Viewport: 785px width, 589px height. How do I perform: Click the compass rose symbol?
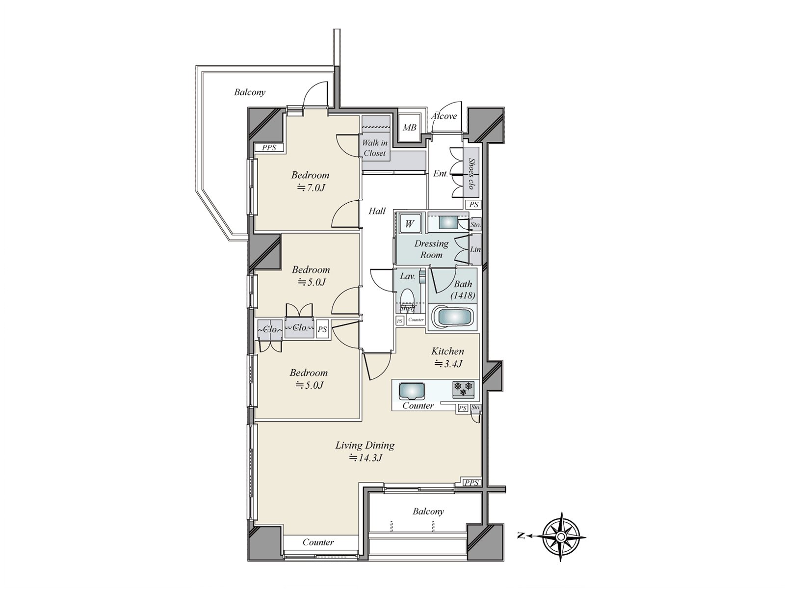pos(561,536)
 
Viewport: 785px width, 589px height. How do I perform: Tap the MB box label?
pos(410,128)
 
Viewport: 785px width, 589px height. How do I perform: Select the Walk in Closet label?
pos(375,148)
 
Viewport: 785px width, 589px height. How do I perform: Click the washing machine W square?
pos(409,224)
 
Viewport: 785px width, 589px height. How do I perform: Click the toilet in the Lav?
pos(407,298)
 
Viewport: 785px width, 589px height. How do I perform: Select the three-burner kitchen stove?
pos(464,389)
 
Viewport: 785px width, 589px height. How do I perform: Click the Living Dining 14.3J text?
pos(365,458)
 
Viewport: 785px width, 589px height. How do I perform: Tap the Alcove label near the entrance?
pos(444,116)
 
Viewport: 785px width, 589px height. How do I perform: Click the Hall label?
pos(377,211)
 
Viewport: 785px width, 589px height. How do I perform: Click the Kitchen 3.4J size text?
pos(448,364)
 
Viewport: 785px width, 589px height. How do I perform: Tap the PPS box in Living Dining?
pos(471,482)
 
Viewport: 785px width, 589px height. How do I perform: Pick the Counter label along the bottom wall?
pos(318,542)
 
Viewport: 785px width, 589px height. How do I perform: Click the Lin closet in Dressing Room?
pos(475,249)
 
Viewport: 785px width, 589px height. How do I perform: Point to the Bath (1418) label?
pos(463,290)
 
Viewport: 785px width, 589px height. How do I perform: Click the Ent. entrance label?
pos(440,173)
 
